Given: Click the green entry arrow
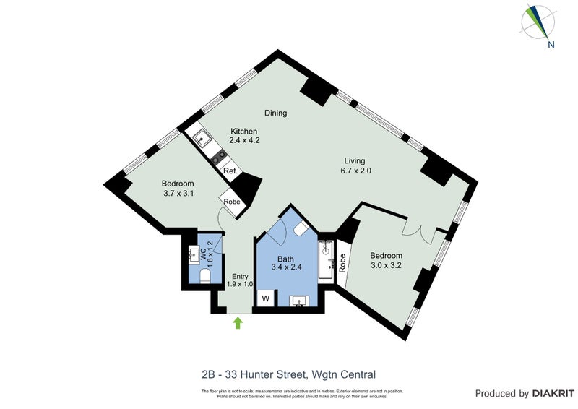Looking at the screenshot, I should (x=238, y=323).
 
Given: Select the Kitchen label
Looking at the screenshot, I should (x=243, y=131).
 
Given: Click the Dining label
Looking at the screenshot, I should (x=275, y=113).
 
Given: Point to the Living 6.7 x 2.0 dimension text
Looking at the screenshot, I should (x=354, y=171).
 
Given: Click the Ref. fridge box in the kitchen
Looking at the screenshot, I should (x=230, y=171).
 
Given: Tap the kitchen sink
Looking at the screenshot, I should (x=199, y=138).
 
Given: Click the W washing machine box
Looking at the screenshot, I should (x=265, y=298).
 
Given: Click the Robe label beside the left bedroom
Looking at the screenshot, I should (x=232, y=202).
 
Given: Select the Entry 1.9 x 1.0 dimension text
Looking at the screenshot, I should (x=239, y=284).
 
